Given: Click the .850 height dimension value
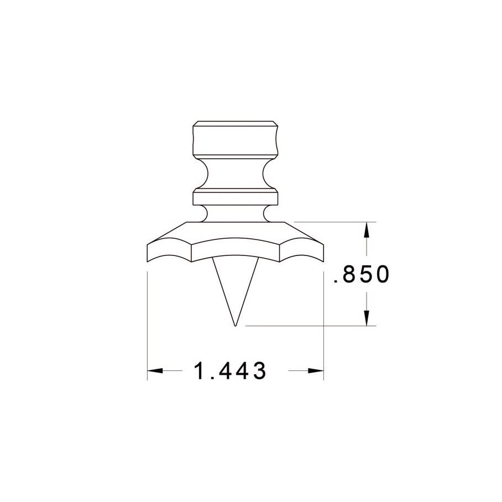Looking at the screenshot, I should tap(362, 275).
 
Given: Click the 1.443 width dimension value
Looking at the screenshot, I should tap(230, 371).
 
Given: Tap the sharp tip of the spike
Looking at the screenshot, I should tap(234, 325).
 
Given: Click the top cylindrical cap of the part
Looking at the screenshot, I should tap(234, 138).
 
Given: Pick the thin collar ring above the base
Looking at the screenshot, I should tap(234, 197).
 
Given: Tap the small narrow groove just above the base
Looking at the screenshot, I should tap(234, 213).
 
